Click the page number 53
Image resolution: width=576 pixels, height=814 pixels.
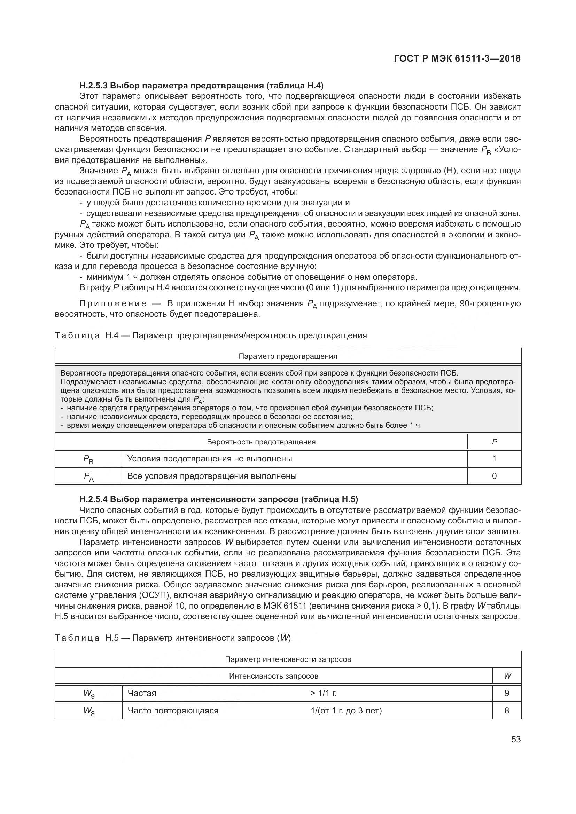pyautogui.click(x=516, y=739)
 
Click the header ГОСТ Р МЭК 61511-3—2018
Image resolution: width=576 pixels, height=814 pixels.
pyautogui.click(x=457, y=58)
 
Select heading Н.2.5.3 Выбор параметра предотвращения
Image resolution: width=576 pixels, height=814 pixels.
pyautogui.click(x=201, y=86)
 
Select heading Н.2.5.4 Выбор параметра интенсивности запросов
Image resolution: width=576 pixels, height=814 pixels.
pyautogui.click(x=219, y=499)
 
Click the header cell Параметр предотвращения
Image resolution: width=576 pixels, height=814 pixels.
pyautogui.click(x=288, y=356)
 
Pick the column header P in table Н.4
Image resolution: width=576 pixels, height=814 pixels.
pyautogui.click(x=495, y=442)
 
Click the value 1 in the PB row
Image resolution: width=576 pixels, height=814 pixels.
pyautogui.click(x=495, y=459)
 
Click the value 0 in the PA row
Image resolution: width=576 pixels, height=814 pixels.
pyautogui.click(x=495, y=476)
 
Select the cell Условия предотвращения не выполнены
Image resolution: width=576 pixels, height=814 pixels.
pyautogui.click(x=210, y=459)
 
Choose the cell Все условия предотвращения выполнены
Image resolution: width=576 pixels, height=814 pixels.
pyautogui.click(x=212, y=476)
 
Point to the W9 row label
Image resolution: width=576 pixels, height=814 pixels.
pyautogui.click(x=89, y=693)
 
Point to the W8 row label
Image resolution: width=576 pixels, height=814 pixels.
pyautogui.click(x=89, y=711)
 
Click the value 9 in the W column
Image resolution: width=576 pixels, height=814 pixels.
pyautogui.click(x=506, y=693)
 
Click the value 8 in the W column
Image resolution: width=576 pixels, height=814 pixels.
pyautogui.click(x=506, y=711)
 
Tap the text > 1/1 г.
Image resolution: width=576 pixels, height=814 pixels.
pyautogui.click(x=323, y=693)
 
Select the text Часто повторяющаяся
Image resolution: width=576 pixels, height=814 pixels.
pyautogui.click(x=173, y=711)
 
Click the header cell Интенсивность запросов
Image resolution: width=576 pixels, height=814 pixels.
pyautogui.click(x=273, y=676)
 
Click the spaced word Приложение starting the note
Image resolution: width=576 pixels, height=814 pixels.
pyautogui.click(x=113, y=303)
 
